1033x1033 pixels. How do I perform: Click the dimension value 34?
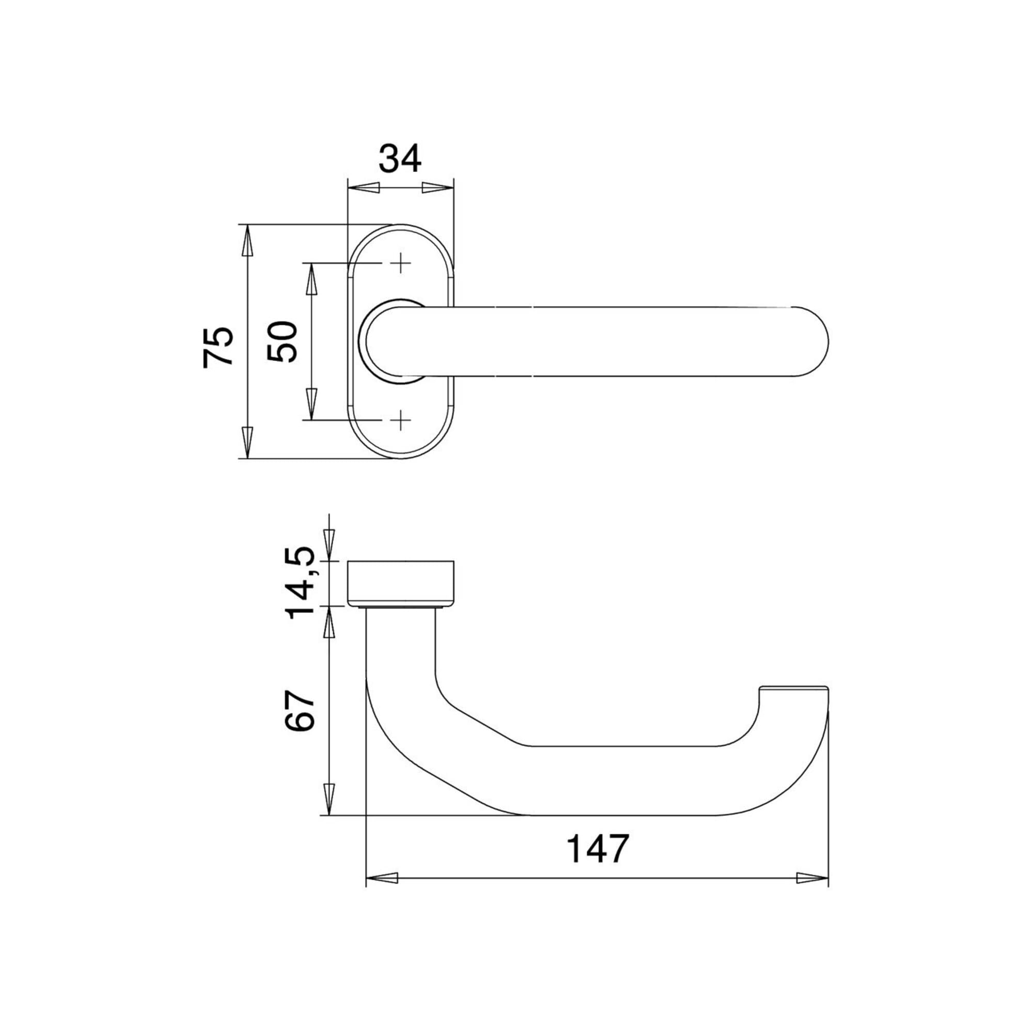coord(400,159)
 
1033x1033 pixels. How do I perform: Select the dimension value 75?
coord(218,347)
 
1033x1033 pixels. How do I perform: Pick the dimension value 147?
coord(598,849)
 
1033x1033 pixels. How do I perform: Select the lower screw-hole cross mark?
coord(400,420)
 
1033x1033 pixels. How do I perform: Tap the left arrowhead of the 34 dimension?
coord(364,187)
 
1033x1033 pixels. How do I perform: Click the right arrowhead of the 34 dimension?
coord(438,187)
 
